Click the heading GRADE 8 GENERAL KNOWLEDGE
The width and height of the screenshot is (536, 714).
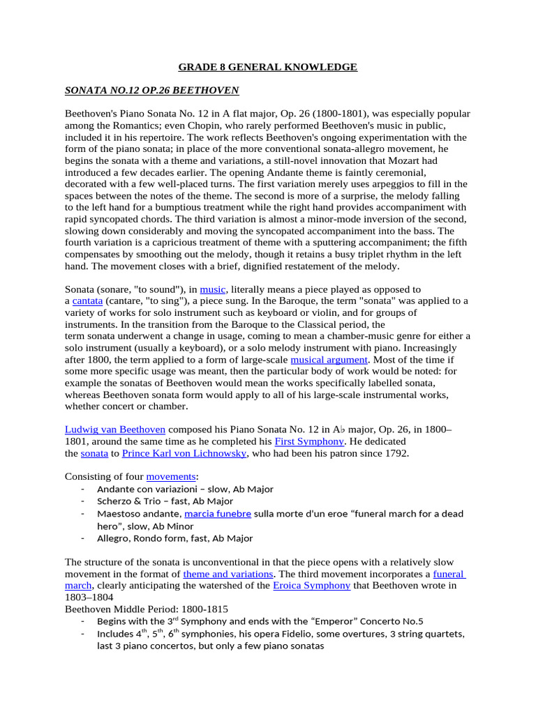click(x=268, y=67)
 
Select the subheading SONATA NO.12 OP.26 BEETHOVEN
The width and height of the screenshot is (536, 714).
click(x=152, y=91)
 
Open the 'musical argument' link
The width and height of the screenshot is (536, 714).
click(x=329, y=360)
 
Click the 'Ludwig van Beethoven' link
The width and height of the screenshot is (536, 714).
click(x=115, y=430)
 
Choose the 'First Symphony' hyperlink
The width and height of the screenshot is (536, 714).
click(x=309, y=442)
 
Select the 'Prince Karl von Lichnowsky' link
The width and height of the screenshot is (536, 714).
click(x=184, y=454)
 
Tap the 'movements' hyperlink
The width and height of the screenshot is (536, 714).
click(x=170, y=477)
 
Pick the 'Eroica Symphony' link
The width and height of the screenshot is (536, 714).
click(x=311, y=586)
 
